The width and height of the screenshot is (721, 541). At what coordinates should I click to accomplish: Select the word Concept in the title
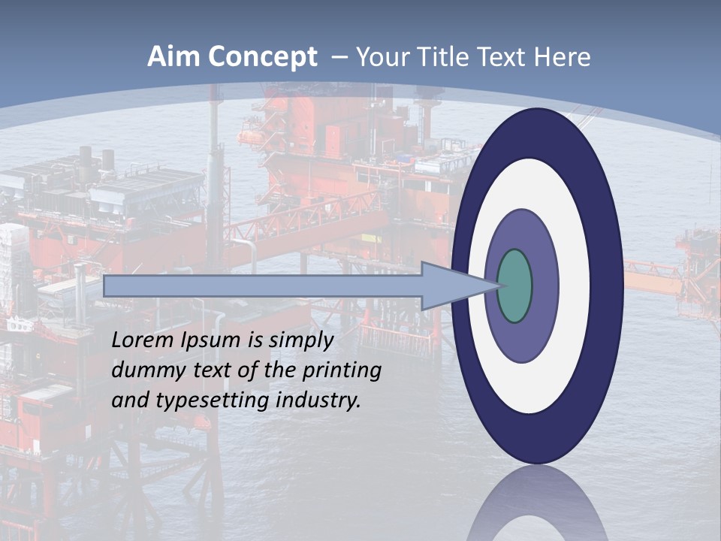(x=263, y=57)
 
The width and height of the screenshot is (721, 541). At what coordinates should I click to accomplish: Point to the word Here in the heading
(x=563, y=57)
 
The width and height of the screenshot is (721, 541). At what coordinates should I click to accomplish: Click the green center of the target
(x=515, y=286)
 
